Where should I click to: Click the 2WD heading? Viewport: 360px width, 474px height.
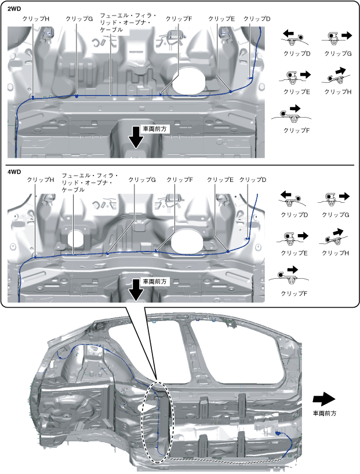coord(13,9)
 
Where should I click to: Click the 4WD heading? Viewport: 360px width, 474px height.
coord(13,172)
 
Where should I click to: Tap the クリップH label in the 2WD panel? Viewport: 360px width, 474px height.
coord(36,19)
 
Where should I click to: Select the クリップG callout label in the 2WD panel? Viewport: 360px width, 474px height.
coord(79,19)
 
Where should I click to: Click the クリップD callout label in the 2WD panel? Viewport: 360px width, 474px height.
coord(257,19)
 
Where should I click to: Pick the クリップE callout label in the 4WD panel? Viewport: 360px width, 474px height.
coord(220,180)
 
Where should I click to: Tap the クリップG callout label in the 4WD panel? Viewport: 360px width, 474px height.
coord(142,180)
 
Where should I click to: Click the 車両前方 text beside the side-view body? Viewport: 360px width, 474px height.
coord(325,414)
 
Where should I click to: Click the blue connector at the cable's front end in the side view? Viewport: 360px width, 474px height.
coord(279,433)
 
